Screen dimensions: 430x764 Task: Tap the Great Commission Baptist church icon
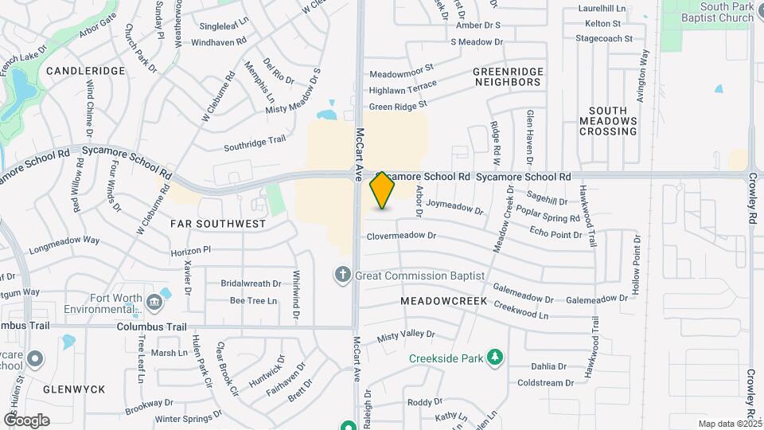(343, 275)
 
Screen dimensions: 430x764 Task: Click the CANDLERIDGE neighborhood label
(86, 71)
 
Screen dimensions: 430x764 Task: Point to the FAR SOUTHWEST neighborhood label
(218, 224)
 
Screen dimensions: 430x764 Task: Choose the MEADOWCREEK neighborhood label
(438, 302)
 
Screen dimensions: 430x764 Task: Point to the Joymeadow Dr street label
(454, 207)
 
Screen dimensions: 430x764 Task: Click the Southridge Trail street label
(254, 143)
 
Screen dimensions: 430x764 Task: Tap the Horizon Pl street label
(191, 250)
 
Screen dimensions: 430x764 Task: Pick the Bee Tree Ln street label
(253, 301)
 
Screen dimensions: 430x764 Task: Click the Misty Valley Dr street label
(406, 336)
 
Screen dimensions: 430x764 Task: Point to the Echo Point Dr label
(555, 230)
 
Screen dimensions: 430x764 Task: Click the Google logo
(26, 420)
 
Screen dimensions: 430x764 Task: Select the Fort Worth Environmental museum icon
(154, 301)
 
